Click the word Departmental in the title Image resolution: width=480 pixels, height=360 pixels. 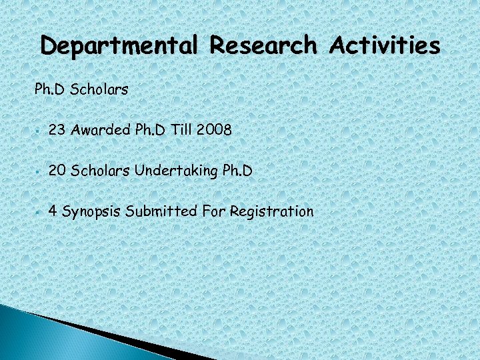[x=119, y=46]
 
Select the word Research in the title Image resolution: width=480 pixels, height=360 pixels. [x=263, y=45]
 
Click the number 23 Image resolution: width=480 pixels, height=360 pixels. [x=57, y=131]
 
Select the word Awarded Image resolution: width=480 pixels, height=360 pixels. [x=100, y=131]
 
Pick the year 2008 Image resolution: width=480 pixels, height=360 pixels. [x=214, y=131]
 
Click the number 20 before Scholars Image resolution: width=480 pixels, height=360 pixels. [x=57, y=171]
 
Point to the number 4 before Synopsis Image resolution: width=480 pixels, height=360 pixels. [x=53, y=212]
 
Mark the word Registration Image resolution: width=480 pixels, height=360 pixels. [x=271, y=213]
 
